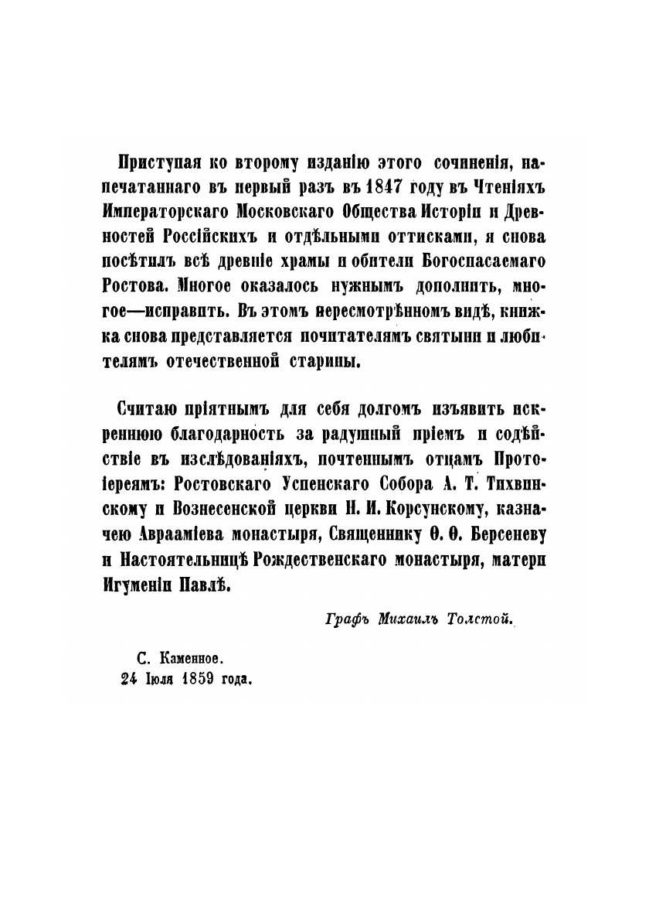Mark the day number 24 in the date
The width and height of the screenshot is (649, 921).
click(x=120, y=679)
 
